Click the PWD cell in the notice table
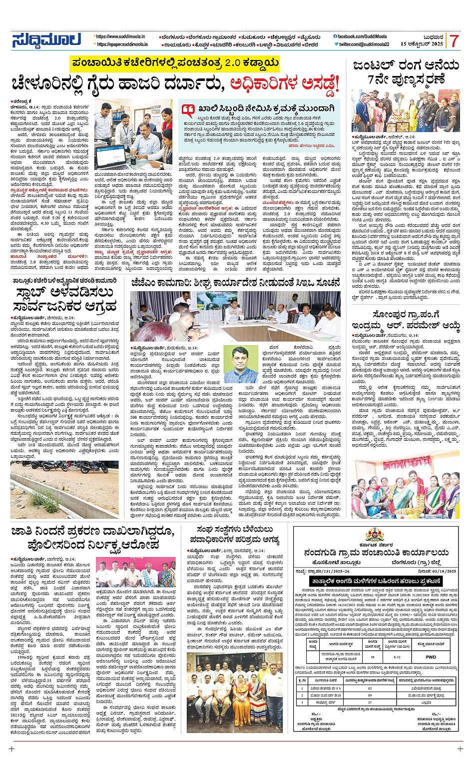pos(431,657)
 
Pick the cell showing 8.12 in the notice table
pos(397,657)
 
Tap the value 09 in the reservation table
pos(370,696)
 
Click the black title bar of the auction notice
pos(376,581)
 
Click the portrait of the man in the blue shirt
pos(240,364)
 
